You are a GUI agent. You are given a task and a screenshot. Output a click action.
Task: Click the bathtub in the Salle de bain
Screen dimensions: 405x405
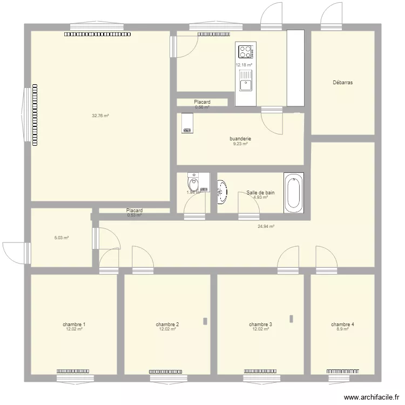pos(294,193)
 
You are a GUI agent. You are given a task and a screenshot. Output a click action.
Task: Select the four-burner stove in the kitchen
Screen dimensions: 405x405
pos(246,52)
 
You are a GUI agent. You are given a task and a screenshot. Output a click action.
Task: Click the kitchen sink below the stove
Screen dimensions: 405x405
pos(246,84)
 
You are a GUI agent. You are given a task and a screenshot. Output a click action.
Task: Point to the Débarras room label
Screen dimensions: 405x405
pos(343,83)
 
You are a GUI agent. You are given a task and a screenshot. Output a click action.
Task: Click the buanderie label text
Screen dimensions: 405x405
pos(240,139)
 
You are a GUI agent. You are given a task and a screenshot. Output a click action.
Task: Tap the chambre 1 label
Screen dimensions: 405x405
pos(74,325)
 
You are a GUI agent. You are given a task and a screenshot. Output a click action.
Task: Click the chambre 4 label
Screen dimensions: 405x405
pos(342,325)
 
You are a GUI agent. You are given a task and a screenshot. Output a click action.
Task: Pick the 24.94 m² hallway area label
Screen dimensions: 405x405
pos(266,227)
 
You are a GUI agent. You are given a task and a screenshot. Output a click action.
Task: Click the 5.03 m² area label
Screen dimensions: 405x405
pos(61,237)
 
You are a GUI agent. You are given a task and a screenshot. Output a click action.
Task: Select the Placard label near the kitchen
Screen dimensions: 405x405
pos(202,102)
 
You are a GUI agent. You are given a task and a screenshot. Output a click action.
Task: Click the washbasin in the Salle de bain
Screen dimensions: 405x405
pos(222,192)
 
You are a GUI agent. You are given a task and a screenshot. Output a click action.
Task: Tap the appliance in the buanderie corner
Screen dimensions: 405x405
pos(187,123)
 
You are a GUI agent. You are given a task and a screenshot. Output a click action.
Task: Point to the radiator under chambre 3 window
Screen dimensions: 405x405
pos(261,372)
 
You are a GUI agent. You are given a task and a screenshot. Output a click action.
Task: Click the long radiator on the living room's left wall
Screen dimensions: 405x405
pos(35,114)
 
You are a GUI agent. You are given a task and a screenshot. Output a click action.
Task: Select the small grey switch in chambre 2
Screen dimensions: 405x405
pos(205,321)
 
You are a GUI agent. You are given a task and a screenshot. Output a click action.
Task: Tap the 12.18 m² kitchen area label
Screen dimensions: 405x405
pos(244,65)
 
